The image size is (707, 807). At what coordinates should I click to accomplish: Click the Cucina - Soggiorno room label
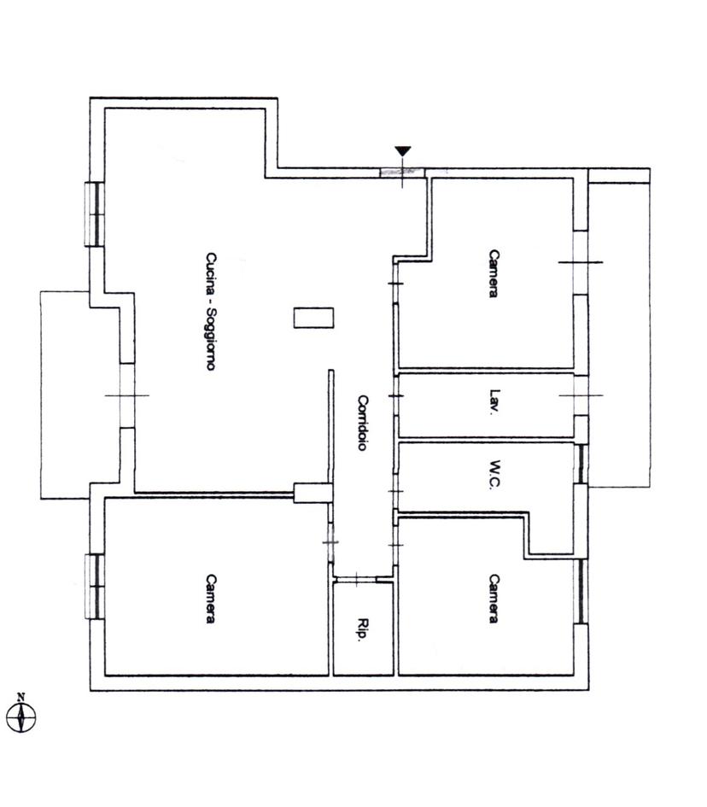pos(210,311)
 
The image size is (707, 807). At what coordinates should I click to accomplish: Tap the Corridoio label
pos(363,423)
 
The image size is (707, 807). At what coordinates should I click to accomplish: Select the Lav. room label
pos(495,401)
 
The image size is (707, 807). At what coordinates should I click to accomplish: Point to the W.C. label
pos(495,474)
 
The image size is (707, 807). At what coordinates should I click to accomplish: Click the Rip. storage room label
pos(363,629)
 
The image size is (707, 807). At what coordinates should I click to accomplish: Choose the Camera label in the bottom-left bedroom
pos(210,599)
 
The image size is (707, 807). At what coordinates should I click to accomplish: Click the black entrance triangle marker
pos(403,151)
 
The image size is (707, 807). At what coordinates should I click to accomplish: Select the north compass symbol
pos(21,714)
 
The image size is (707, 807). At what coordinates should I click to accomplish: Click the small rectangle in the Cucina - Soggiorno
pos(314,318)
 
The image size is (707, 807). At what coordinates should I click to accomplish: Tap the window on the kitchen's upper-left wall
pos(95,214)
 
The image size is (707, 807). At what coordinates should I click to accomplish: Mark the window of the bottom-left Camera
pos(95,586)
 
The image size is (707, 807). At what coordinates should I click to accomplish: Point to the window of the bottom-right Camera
pos(581,591)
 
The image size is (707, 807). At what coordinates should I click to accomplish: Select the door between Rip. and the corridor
pos(355,580)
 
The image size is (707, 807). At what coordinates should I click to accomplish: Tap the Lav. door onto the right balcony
pos(581,395)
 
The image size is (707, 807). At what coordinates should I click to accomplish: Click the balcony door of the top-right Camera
pos(581,262)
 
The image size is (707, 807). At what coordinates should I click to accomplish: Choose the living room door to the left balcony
pos(127,395)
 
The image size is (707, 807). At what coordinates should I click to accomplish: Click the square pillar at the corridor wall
pos(313,493)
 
